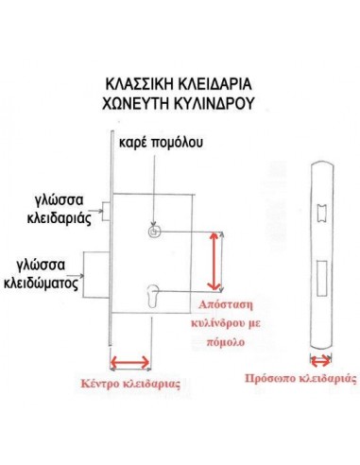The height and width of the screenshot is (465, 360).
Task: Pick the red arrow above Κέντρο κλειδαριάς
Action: pyautogui.click(x=130, y=360)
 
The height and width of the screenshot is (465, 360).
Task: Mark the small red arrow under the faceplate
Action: pyautogui.click(x=321, y=358)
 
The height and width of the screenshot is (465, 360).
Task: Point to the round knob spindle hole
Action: pyautogui.click(x=153, y=232)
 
